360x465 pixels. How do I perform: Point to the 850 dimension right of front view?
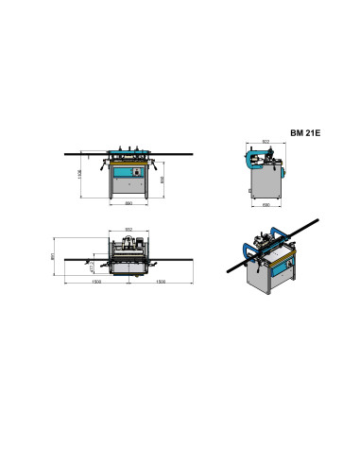coord(163,180)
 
